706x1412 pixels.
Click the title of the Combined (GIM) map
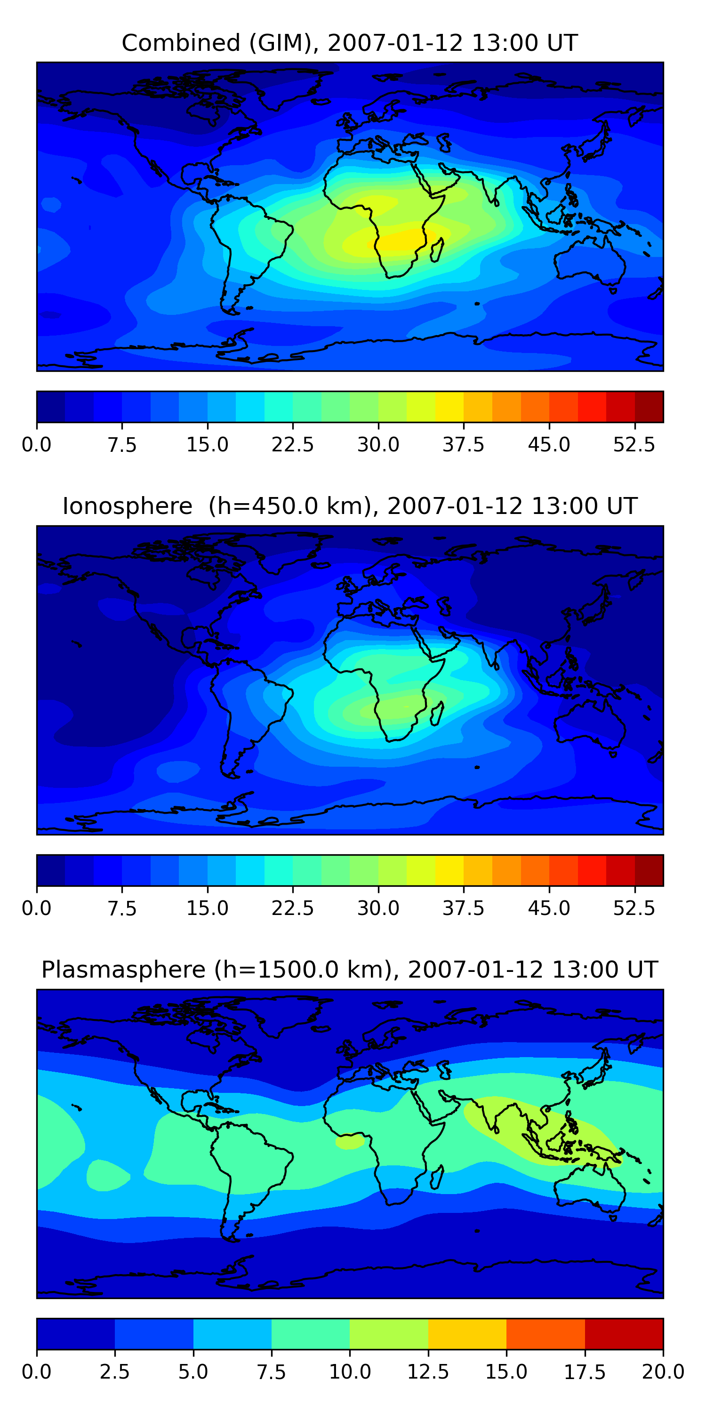tap(350, 43)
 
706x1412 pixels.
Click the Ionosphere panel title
tap(350, 506)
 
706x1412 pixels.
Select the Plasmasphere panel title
tap(350, 970)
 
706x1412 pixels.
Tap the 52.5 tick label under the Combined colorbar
tap(634, 444)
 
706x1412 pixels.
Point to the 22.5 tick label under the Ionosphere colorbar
tap(293, 908)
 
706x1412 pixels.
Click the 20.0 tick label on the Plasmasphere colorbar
tap(663, 1372)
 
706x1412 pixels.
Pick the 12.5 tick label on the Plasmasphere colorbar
tap(428, 1372)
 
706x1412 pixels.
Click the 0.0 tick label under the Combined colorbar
tap(37, 444)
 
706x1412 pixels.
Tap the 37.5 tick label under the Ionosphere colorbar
tap(463, 908)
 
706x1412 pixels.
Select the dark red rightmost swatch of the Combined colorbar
tap(649, 407)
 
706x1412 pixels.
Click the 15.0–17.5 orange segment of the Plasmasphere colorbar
tap(546, 1333)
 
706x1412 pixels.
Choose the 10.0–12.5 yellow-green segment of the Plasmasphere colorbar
tap(389, 1333)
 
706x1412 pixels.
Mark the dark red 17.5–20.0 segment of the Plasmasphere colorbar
tap(624, 1333)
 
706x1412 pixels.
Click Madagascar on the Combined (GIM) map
tap(437, 249)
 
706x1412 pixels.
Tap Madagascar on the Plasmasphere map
tap(437, 1177)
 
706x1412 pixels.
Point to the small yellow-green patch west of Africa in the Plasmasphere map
tap(349, 1142)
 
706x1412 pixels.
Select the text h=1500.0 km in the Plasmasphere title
tap(302, 970)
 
